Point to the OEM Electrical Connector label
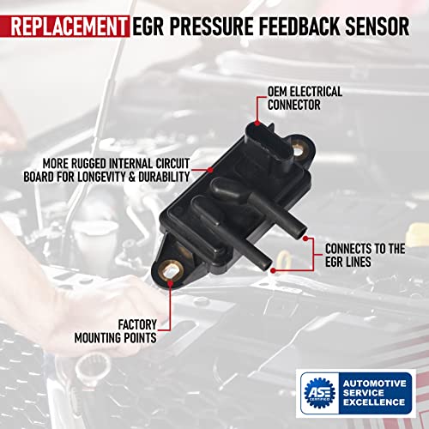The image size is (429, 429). coord(305,98)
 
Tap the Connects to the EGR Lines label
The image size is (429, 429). coord(365,256)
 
